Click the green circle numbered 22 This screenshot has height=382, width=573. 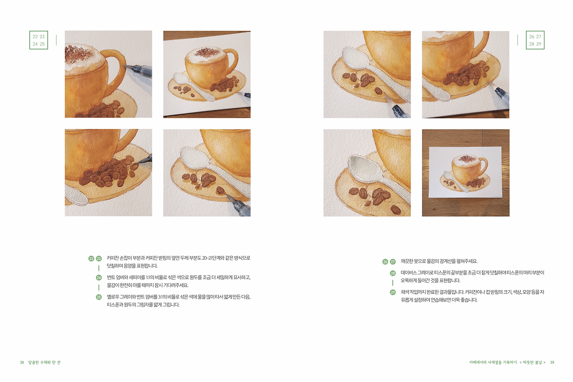91,258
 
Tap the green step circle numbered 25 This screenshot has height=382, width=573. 99,296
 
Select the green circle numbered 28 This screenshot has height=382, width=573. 393,273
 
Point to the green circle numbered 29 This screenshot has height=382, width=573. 393,292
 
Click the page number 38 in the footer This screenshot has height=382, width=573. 21,362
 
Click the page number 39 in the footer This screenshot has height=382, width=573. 552,362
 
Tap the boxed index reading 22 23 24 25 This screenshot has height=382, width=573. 38,40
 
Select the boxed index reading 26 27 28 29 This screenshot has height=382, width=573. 535,40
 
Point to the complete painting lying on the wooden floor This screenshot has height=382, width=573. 466,172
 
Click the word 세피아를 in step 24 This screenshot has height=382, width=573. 136,277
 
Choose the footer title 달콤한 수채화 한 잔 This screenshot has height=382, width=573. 44,362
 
